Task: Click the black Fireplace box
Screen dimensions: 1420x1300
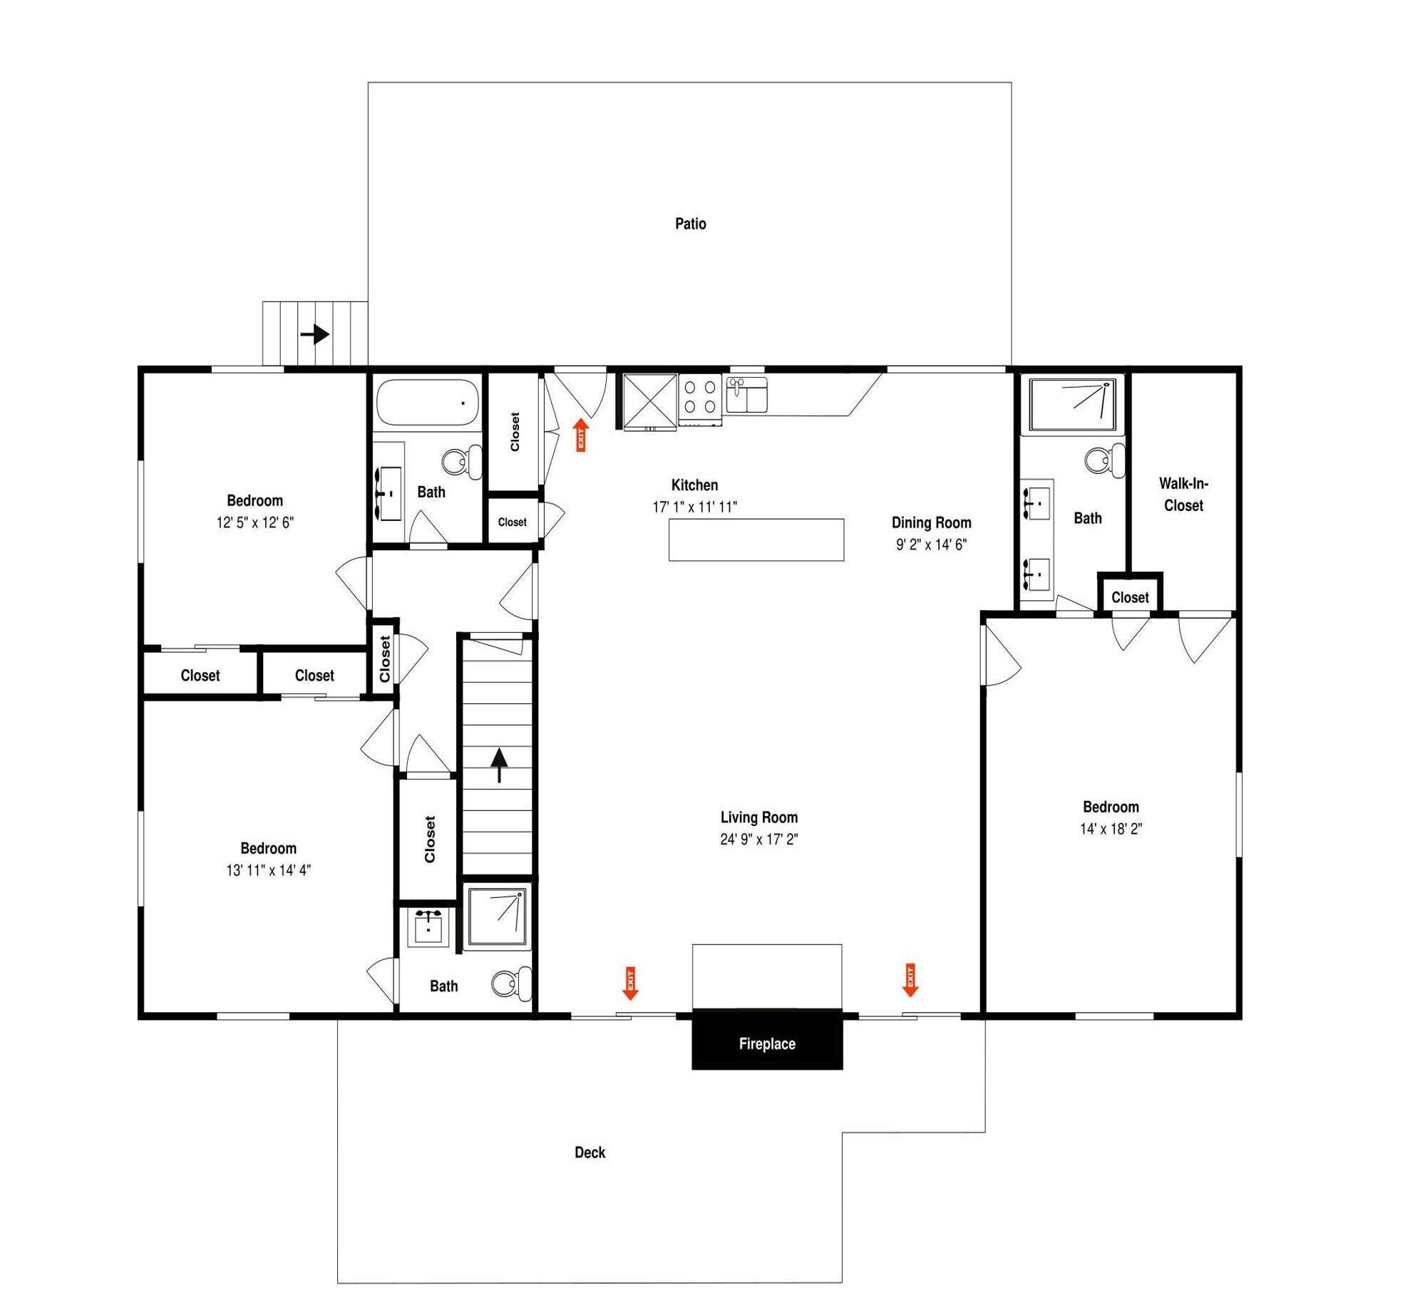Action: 766,1038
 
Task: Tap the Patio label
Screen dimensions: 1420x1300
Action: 690,224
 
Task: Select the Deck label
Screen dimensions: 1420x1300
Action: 590,1152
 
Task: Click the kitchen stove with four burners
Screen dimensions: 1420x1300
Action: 700,399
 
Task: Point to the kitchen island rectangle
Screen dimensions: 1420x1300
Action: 756,540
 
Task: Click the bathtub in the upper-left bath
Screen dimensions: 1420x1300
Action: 427,403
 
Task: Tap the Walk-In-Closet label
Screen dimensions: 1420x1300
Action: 1183,494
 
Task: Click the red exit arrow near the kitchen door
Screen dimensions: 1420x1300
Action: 581,435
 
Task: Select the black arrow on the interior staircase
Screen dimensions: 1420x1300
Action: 499,765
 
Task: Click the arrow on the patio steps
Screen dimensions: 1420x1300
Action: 314,334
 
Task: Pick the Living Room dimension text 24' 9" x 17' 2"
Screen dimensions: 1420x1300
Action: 758,839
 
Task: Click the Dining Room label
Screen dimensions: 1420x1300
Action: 931,522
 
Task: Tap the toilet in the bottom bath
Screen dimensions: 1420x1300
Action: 511,984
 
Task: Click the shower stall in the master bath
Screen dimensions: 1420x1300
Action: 1072,404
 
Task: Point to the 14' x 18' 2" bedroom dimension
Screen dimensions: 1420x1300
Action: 1111,828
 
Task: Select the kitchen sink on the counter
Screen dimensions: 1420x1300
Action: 746,394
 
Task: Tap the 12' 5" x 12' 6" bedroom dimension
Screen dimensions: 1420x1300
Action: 254,522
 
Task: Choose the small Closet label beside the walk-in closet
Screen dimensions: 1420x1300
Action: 1130,597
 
